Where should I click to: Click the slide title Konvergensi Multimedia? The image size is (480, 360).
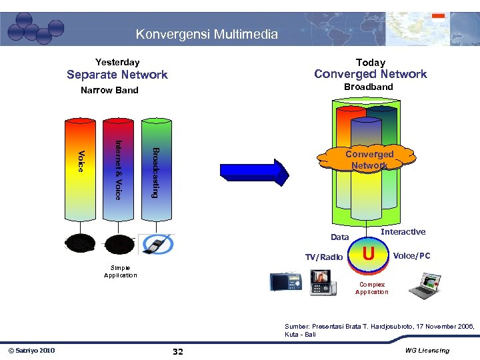coord(207,34)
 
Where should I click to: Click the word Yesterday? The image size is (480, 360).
coord(117,62)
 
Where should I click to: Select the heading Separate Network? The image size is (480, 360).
coord(117,75)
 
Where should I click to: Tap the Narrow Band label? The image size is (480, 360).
coord(109,90)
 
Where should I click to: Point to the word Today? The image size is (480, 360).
coord(371,62)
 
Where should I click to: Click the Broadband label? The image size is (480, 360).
coord(369,87)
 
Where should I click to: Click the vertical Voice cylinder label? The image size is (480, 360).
coord(81,161)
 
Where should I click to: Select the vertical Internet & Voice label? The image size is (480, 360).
coord(118,169)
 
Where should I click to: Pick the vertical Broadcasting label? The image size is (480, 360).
coord(155,171)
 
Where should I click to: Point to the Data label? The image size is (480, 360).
coord(340,237)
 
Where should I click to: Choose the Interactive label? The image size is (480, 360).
coord(403,232)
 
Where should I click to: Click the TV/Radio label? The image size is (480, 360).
coord(324,257)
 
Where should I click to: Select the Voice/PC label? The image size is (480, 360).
coord(412,255)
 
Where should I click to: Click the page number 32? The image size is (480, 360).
coord(178,351)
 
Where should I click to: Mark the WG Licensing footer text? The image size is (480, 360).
coord(427,351)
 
